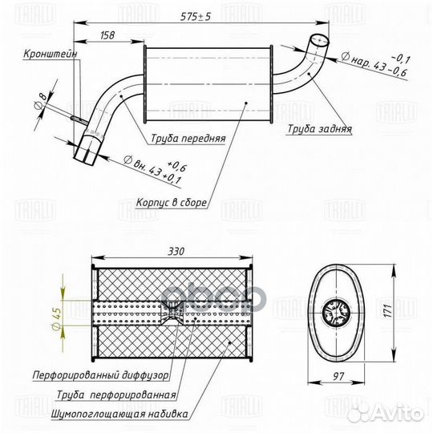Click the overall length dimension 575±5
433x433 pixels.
(x=196, y=17)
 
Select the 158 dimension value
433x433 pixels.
(x=107, y=35)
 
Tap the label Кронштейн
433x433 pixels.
(x=51, y=54)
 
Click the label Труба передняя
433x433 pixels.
(x=188, y=138)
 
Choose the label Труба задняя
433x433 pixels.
(x=319, y=128)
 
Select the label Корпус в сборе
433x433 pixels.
(x=172, y=203)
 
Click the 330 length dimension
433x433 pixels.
(x=176, y=252)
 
